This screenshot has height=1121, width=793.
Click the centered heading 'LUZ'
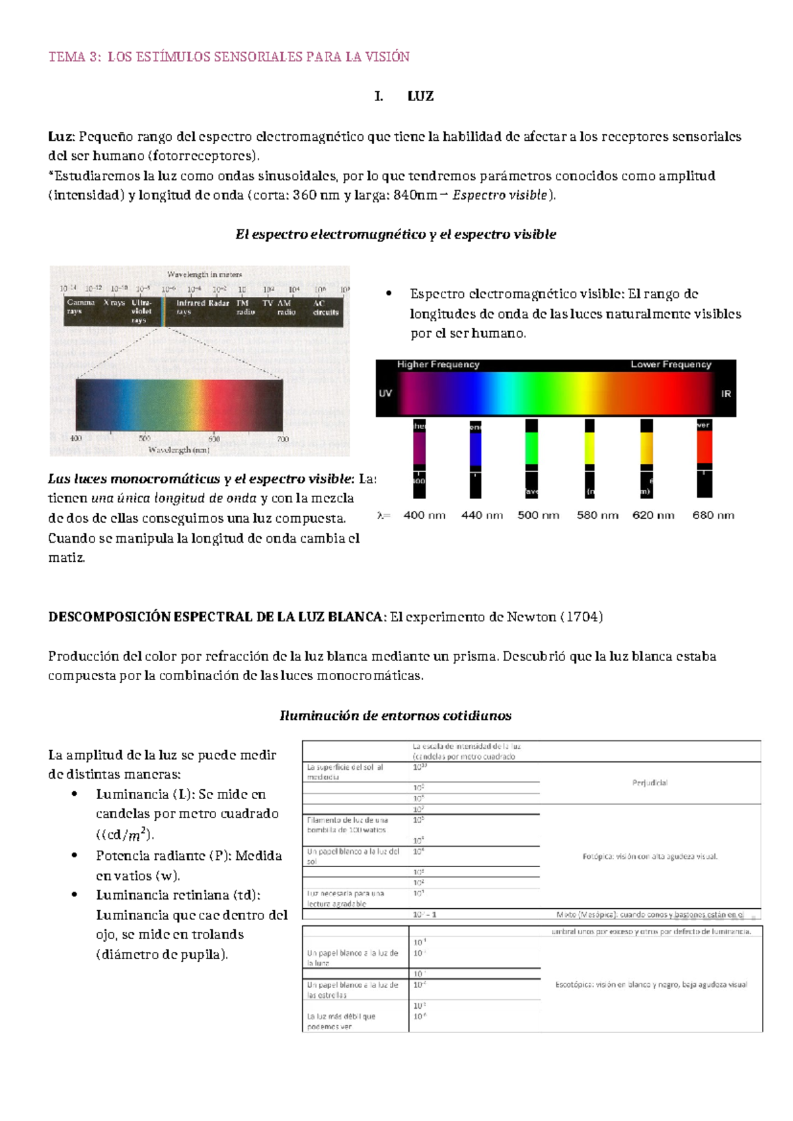pos(420,97)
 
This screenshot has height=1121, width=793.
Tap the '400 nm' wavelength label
pos(424,515)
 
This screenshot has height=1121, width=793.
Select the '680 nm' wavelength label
pos(713,515)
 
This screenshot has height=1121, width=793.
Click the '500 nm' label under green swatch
pos(538,515)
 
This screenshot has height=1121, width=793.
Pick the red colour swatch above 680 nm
pos(704,447)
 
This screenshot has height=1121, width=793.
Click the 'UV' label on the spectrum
pos(385,393)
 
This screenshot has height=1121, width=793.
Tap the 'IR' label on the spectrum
pos(726,394)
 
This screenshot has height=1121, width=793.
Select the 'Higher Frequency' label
pos(438,364)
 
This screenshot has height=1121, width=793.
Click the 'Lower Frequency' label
pos(671,364)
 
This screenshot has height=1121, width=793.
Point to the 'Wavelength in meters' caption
pos(204,274)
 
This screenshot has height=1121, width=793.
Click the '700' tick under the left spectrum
pos(283,439)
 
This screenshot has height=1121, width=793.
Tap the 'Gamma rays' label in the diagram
pos(81,307)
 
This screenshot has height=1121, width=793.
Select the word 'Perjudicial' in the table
pos(650,783)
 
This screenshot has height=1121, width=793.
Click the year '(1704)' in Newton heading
pos(581,617)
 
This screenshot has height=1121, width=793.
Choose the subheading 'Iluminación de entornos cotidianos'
pos(395,715)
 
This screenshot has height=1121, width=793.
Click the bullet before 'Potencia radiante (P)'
pos(76,855)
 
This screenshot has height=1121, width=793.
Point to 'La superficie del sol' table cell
pos(345,771)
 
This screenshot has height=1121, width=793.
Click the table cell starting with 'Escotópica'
pos(651,984)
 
